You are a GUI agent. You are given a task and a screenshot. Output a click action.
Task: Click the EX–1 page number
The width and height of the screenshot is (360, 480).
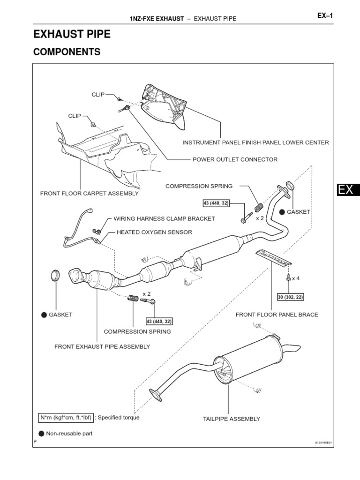(324, 15)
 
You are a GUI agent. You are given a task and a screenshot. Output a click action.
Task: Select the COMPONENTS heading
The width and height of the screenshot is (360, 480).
(67, 52)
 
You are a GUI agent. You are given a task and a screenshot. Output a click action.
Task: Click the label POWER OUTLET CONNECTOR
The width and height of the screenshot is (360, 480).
(235, 159)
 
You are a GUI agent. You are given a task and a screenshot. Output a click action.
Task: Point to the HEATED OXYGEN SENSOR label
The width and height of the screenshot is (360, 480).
(154, 232)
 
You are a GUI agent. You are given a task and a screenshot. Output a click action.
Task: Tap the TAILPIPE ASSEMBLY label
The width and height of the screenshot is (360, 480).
(231, 419)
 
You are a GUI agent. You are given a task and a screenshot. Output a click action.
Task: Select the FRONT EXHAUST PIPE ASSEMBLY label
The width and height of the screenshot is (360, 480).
(102, 346)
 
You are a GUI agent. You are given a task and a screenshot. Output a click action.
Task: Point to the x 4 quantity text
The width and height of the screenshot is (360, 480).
(295, 278)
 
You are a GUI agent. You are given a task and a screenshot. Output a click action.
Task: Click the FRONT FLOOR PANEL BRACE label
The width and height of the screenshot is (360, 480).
(277, 315)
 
